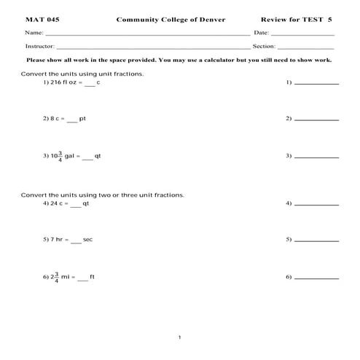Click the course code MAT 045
pyautogui.click(x=42, y=20)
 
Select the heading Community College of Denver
pyautogui.click(x=171, y=20)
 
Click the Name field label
pyautogui.click(x=34, y=34)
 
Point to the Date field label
pyautogui.click(x=262, y=34)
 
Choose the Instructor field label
pyautogui.click(x=39, y=46)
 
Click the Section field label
pyautogui.click(x=264, y=46)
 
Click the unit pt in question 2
pyautogui.click(x=82, y=118)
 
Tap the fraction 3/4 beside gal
pyautogui.click(x=60, y=156)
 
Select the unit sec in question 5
pyautogui.click(x=87, y=240)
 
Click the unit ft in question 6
pyautogui.click(x=93, y=278)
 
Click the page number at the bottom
pyautogui.click(x=179, y=337)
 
